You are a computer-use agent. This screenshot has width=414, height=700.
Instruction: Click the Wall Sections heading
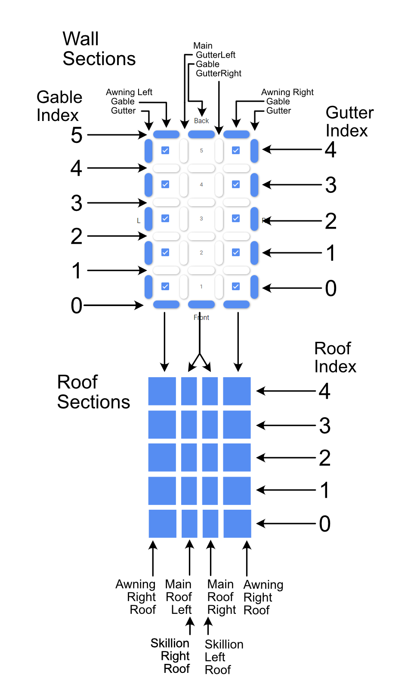(99, 49)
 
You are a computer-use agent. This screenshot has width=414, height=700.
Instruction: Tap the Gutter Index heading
(349, 121)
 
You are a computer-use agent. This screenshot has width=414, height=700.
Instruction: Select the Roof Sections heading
(93, 392)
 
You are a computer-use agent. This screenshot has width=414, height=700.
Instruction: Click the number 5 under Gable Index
(77, 135)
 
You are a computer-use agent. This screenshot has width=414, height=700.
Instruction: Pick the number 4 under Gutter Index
(331, 150)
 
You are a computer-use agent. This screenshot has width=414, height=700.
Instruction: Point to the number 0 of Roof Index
(325, 524)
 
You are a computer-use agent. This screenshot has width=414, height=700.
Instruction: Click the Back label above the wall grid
(201, 121)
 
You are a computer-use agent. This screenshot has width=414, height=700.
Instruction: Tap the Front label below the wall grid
(201, 318)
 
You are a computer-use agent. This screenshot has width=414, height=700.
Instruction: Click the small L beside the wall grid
(139, 221)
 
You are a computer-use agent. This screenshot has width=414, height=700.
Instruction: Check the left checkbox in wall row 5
(165, 150)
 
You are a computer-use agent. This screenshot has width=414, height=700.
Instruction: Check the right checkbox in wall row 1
(236, 286)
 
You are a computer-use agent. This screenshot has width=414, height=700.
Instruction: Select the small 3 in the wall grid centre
(201, 219)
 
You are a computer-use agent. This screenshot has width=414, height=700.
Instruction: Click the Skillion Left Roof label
(224, 657)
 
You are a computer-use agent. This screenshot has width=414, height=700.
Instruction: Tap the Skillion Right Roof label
(170, 656)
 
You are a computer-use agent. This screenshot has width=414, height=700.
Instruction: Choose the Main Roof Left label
(179, 597)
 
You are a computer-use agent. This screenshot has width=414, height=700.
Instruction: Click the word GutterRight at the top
(219, 74)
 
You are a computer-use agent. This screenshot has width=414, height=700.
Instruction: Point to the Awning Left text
(129, 92)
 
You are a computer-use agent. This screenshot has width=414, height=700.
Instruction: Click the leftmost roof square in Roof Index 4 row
(162, 391)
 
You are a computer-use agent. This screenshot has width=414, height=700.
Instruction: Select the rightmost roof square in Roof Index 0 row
(237, 524)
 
